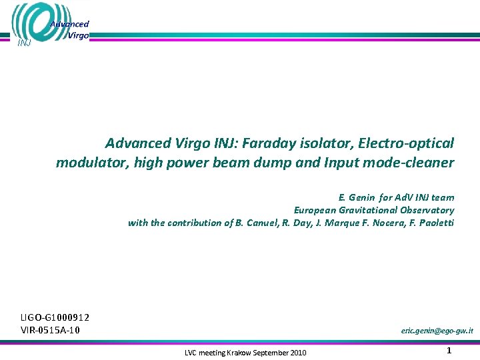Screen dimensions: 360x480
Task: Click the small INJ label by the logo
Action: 23,43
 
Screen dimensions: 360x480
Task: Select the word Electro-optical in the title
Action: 406,143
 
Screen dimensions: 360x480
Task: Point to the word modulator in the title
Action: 88,163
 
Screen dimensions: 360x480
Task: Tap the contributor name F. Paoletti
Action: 431,223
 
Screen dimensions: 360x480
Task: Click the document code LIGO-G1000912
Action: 55,318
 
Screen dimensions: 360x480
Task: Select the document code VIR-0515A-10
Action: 51,330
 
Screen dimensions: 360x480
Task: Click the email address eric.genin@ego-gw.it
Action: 437,331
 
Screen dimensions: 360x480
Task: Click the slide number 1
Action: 449,351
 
